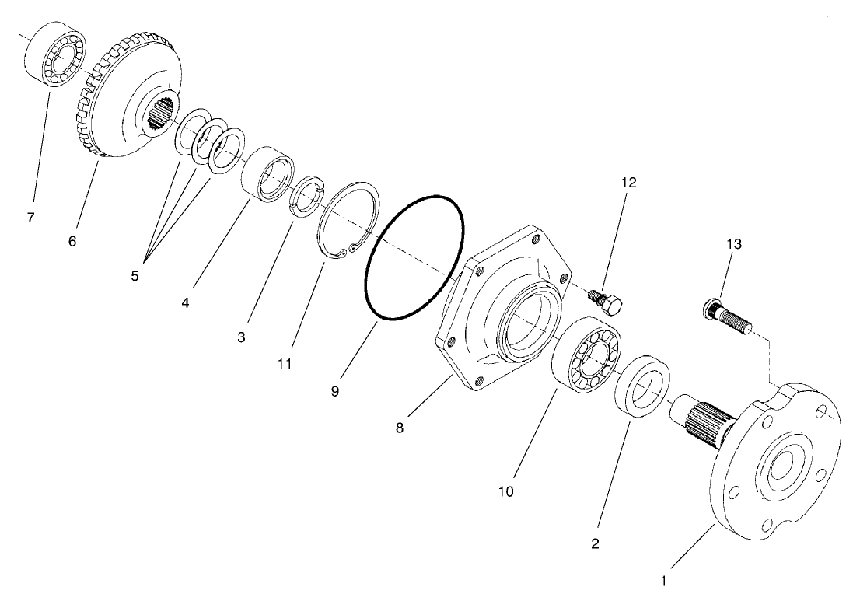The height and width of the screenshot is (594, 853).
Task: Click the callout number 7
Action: (30, 218)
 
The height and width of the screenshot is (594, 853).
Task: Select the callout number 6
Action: (72, 242)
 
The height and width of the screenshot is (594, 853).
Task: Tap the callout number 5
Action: (135, 276)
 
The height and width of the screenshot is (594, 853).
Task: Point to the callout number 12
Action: (628, 183)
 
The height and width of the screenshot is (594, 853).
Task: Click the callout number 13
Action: (734, 244)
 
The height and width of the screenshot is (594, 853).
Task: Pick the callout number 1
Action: (663, 580)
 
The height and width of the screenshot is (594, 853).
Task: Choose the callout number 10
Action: (506, 491)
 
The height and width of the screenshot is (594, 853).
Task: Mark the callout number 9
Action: (334, 391)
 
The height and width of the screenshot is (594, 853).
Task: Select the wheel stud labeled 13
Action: (726, 318)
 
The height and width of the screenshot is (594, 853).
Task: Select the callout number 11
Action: (285, 363)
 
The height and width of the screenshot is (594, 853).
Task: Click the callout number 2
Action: (595, 544)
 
